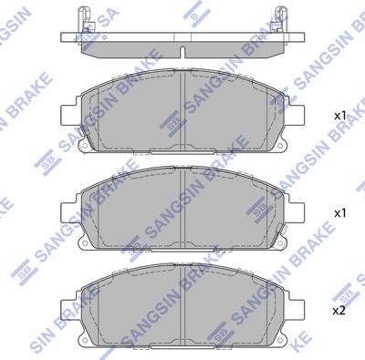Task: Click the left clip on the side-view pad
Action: click(86, 20)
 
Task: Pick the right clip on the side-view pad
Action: click(278, 20)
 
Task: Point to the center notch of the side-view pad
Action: click(182, 46)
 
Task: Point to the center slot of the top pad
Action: click(183, 109)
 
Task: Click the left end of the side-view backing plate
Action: click(62, 37)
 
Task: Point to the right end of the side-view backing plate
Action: click(303, 37)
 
